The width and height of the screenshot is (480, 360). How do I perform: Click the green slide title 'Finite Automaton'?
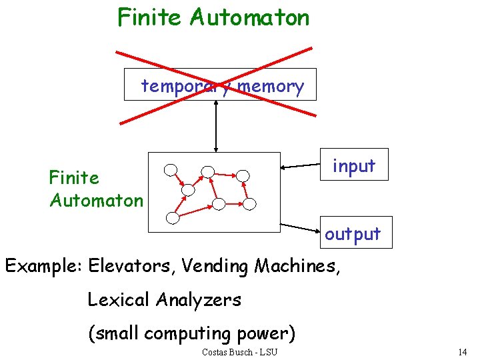click(213, 17)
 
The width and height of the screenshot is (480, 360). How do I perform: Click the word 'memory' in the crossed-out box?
click(271, 86)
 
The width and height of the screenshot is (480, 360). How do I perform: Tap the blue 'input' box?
click(354, 165)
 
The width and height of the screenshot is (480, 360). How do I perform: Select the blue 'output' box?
click(353, 234)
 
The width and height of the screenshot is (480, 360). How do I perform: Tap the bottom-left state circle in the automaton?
click(173, 217)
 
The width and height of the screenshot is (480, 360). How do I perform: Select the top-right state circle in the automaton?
click(243, 175)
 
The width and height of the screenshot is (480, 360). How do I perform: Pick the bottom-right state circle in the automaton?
click(249, 203)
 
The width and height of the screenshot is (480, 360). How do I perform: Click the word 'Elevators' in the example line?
click(129, 266)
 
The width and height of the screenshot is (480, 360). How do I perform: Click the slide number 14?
click(463, 351)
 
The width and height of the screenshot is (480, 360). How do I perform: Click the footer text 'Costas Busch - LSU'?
click(239, 351)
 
